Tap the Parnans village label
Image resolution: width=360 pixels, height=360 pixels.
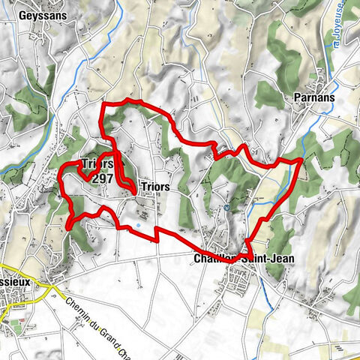pyautogui.click(x=314, y=97)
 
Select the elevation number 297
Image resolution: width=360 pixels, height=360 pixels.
pyautogui.click(x=102, y=178)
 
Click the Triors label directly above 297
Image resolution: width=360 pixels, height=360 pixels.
pyautogui.click(x=97, y=164)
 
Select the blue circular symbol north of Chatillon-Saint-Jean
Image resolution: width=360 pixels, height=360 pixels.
pyautogui.click(x=226, y=208)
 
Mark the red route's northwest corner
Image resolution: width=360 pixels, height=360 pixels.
pyautogui.click(x=103, y=105)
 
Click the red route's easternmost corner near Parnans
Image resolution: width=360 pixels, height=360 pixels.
pyautogui.click(x=301, y=159)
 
